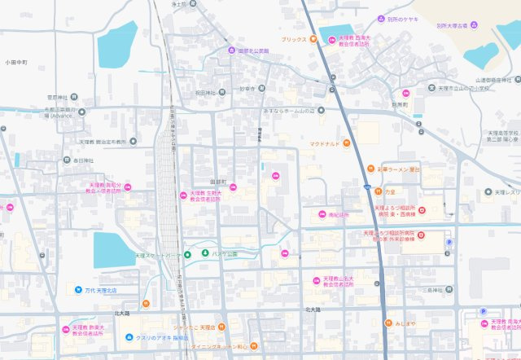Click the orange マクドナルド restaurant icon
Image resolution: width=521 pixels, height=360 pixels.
point(346,144)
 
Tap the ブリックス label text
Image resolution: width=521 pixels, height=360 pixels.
point(293,39)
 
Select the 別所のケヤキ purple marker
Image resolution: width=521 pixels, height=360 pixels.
point(380,19)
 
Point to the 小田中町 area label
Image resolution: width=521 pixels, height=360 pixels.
point(16,62)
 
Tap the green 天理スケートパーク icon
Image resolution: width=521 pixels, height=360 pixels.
point(187,255)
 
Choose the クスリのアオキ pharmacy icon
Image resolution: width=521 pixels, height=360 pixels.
point(129,337)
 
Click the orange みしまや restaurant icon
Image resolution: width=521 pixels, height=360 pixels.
point(388,323)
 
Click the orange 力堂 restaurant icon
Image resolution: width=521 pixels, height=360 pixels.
point(379,191)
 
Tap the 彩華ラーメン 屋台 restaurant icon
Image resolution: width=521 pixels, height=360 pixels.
point(368,169)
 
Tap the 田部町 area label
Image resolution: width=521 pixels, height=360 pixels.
point(217,182)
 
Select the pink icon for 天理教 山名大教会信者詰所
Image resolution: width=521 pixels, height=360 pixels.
point(317,279)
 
